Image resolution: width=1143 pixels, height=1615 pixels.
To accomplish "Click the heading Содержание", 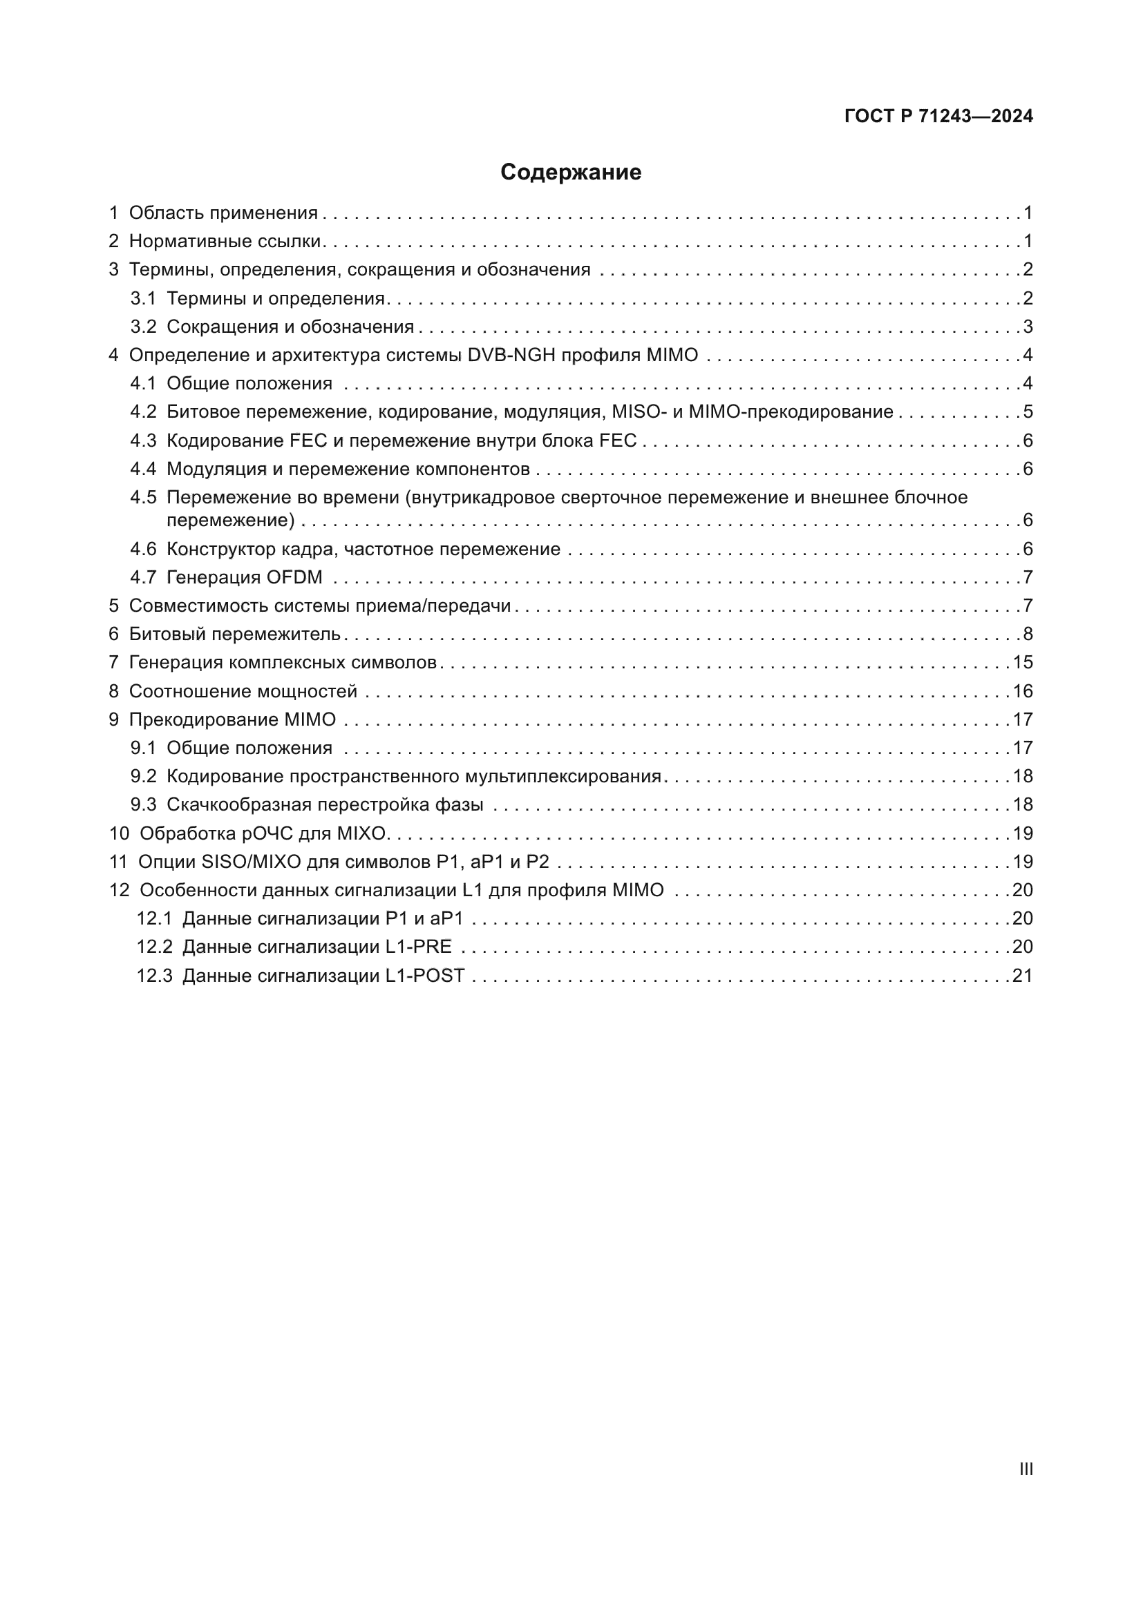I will (571, 173).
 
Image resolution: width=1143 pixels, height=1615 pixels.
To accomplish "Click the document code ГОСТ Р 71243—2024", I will (938, 116).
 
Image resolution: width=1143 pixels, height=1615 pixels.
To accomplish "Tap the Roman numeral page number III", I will (1026, 1469).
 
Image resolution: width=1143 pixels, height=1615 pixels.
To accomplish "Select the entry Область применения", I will (223, 213).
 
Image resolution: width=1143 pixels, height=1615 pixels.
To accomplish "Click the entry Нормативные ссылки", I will (225, 241).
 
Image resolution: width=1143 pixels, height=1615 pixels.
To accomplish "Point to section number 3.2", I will (143, 327).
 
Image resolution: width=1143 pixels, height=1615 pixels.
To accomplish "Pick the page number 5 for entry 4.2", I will (1028, 412).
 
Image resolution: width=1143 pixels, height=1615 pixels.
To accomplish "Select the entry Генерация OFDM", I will (244, 577).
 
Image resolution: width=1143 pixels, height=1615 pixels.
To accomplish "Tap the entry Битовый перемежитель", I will (234, 634).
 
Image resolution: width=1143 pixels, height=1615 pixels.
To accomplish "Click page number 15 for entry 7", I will (1023, 662).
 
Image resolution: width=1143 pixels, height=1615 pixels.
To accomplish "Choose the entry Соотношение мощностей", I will (243, 690).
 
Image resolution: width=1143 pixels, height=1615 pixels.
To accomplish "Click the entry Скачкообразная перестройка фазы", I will (325, 804).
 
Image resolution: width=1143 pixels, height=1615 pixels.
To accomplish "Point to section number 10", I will (119, 833).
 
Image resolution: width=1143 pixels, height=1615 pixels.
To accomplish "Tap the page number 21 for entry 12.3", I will (1023, 975).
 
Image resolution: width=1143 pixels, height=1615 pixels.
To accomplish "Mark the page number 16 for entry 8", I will (1023, 690).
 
